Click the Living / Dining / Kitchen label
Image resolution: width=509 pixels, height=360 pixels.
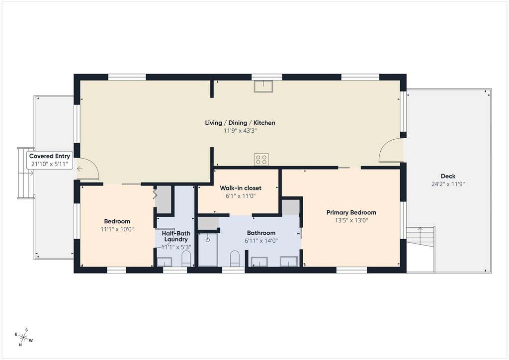240,123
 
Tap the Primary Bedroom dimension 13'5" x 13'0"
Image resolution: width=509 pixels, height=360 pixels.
351,220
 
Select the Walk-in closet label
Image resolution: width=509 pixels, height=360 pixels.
241,188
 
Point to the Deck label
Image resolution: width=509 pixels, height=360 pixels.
448,176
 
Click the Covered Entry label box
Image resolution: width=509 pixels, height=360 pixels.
50,160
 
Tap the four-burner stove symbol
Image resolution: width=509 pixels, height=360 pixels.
261,160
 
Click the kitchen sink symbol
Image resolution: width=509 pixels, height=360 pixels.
263,86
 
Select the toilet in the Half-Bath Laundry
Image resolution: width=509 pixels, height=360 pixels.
186,259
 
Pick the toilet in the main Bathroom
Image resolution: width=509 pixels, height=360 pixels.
235,259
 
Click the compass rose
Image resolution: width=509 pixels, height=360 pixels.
24,337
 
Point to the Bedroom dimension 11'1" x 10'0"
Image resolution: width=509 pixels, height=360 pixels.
117,229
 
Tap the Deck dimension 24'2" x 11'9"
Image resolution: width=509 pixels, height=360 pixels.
448,184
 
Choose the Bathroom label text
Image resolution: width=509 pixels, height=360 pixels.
261,233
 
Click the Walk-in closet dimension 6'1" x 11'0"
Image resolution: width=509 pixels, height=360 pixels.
241,196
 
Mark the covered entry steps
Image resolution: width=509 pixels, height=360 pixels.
26,173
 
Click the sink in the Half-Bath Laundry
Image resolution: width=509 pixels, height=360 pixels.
165,262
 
